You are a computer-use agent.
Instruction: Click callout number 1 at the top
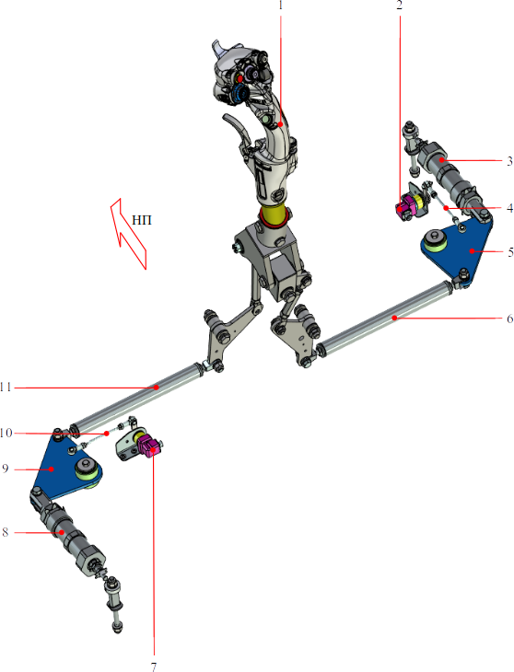tap(281, 5)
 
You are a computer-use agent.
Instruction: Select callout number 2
tap(400, 5)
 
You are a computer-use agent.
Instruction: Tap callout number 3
tap(509, 161)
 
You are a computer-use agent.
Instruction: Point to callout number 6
tap(509, 319)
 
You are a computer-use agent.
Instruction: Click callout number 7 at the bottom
tap(154, 666)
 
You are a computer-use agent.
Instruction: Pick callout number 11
tap(6, 388)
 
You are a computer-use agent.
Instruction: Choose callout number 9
tap(6, 469)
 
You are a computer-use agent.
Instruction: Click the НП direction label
tap(142, 220)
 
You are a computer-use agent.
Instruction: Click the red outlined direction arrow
tap(129, 234)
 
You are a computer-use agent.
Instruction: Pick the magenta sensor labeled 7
tap(150, 446)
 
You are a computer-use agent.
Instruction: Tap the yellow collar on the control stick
tap(274, 214)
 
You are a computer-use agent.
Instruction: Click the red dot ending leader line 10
tap(107, 434)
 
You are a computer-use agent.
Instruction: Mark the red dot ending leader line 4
tap(446, 208)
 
